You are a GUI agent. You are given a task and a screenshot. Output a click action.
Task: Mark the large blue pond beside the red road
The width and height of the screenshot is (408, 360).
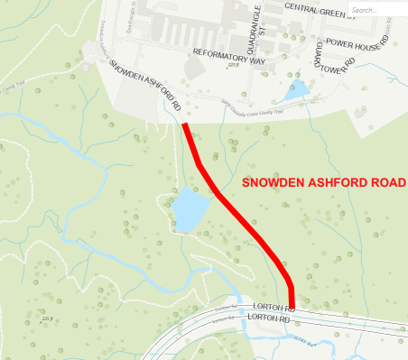(x=189, y=210)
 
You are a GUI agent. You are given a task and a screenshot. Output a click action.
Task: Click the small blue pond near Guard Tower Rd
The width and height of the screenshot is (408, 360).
(x=295, y=90)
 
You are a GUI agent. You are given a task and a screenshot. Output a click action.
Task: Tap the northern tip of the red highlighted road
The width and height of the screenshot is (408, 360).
(x=185, y=125)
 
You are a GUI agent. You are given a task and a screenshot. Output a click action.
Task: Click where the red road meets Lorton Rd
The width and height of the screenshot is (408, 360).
(x=292, y=306)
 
